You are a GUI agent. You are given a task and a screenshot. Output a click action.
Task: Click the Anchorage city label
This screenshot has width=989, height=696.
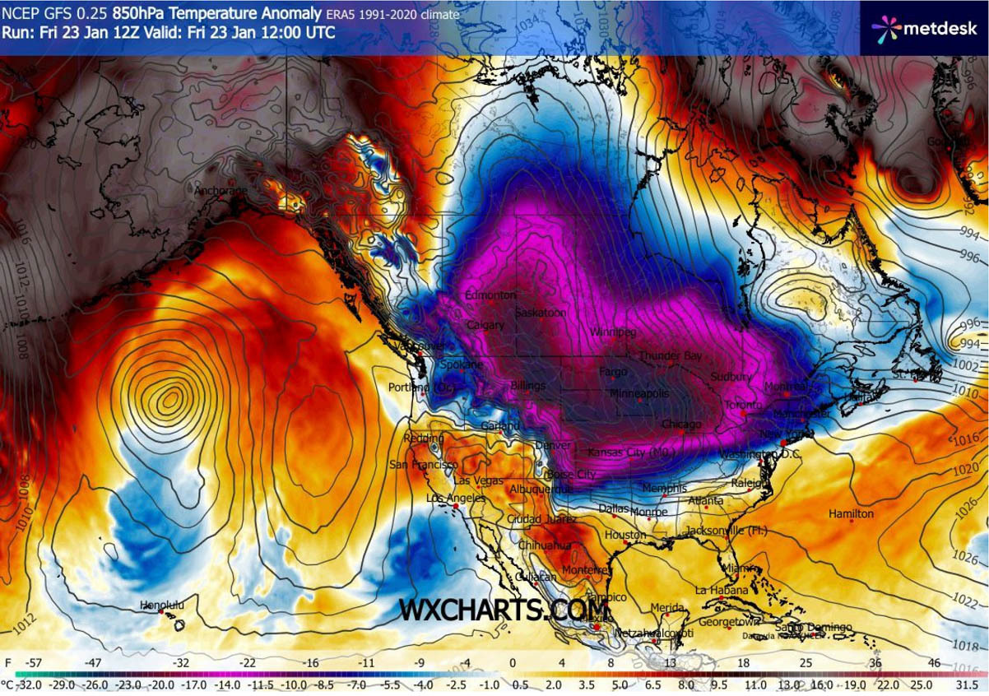pos(220,192)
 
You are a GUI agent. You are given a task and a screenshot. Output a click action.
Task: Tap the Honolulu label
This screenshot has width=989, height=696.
pos(161,605)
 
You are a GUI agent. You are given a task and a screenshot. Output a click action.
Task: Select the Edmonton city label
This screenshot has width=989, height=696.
pos(490,295)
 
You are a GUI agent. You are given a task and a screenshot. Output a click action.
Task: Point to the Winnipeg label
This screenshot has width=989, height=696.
pos(613,332)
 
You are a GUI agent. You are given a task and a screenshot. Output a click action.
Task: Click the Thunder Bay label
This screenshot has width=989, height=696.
pos(671,356)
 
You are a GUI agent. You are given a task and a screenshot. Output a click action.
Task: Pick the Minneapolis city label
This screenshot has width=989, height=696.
pos(638,394)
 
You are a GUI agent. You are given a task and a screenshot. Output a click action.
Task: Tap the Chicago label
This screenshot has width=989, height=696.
pos(681,425)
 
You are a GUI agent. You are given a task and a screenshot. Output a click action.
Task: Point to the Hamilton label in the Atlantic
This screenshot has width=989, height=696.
pos(851,513)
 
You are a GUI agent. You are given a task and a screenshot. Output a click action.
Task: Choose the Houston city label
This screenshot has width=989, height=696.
pos(625,535)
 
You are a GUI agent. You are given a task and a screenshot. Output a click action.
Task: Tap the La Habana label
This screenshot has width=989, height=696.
pos(722,590)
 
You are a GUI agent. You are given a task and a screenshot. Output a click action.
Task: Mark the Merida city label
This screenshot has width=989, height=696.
pos(666,607)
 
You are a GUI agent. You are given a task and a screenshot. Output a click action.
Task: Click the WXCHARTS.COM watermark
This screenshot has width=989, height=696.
pos(504,610)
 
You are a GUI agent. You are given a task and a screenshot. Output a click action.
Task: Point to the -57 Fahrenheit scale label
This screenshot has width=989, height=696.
pos(35,661)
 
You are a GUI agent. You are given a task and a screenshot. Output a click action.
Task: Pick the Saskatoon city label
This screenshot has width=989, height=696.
pos(541,313)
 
